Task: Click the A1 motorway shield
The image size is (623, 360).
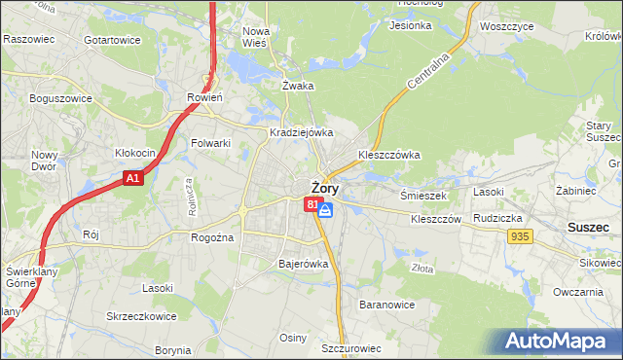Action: click(134, 179)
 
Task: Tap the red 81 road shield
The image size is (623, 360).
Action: click(311, 204)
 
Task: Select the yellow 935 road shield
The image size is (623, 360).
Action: click(520, 236)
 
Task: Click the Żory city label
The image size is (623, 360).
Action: click(325, 188)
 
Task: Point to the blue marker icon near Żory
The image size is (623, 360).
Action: click(326, 209)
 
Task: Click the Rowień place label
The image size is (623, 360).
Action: click(204, 97)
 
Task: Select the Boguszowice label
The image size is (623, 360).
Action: click(60, 98)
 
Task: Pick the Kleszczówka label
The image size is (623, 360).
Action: click(388, 154)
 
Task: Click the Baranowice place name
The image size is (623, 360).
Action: click(386, 305)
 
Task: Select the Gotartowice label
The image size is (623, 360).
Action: click(112, 40)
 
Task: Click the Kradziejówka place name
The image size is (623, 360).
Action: click(302, 132)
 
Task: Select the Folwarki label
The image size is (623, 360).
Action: click(210, 143)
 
